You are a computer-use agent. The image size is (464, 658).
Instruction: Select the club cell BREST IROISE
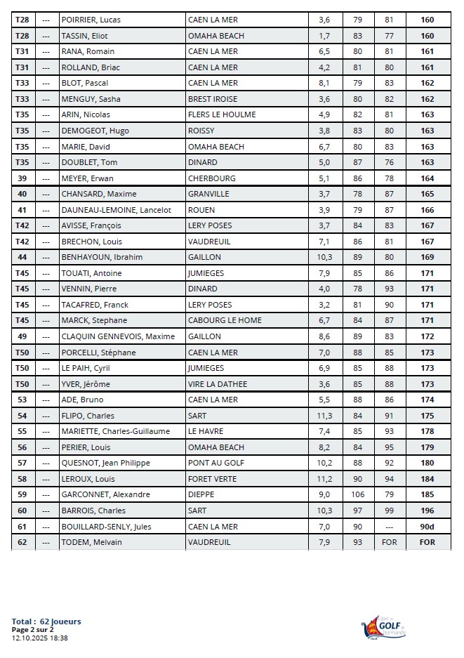coord(213,99)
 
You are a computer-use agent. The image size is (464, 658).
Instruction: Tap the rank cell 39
coord(22,178)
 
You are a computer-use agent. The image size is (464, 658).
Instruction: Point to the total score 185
coord(427,494)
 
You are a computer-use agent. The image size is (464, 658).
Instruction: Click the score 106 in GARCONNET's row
coord(358,494)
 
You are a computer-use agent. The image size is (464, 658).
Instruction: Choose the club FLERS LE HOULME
coord(222,114)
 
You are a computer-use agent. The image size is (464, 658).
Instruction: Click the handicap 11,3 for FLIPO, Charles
coord(324,416)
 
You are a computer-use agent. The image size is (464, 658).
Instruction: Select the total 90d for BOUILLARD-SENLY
coord(427,527)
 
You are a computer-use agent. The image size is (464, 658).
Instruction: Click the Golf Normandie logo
coord(383,627)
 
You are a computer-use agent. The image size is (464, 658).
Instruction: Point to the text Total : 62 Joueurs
coord(46,621)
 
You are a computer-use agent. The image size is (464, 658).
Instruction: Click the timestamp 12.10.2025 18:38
coord(40,638)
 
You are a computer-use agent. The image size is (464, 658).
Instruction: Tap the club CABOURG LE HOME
coord(225,320)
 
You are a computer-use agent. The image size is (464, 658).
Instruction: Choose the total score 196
coord(427,511)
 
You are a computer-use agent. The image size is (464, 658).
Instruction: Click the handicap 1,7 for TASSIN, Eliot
coord(324,36)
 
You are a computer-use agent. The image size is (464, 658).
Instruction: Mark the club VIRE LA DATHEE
coord(219,384)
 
